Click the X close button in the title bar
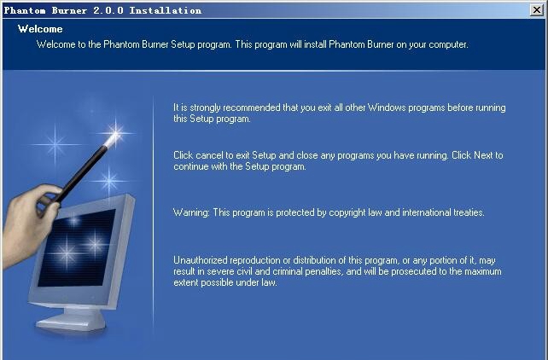(x=536, y=10)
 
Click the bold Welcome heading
(x=40, y=29)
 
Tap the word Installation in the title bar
(x=166, y=10)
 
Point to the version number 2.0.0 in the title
(x=108, y=10)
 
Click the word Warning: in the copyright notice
(x=191, y=212)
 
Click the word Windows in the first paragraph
(x=387, y=107)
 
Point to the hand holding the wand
(x=30, y=224)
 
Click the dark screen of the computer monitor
(x=77, y=248)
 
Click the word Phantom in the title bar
(x=25, y=10)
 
